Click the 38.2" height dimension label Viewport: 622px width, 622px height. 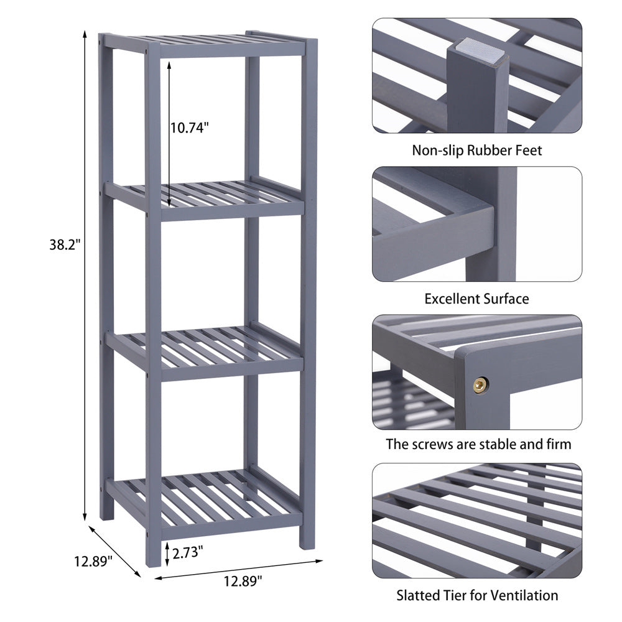[65, 244]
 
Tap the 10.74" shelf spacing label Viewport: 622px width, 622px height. [190, 128]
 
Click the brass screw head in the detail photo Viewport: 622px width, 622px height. [480, 386]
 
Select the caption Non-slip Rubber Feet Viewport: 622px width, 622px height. [477, 150]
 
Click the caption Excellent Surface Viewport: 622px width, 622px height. [477, 299]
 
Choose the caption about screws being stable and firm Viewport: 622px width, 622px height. [477, 444]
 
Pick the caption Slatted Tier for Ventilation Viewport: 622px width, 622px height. [477, 595]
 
